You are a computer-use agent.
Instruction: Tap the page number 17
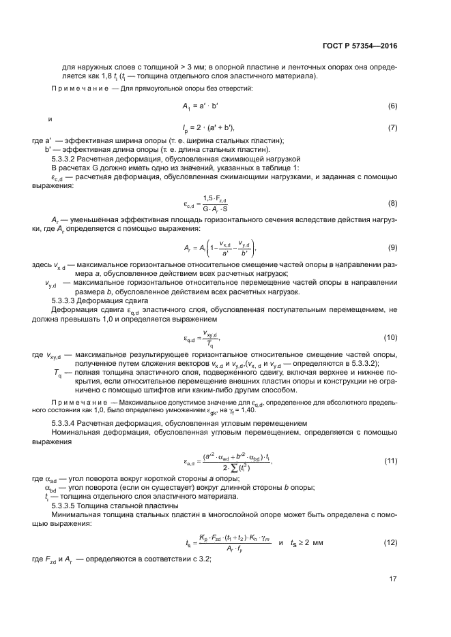coord(392,580)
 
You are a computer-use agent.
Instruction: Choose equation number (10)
coord(390,337)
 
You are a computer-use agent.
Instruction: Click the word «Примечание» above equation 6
coord(74,89)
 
